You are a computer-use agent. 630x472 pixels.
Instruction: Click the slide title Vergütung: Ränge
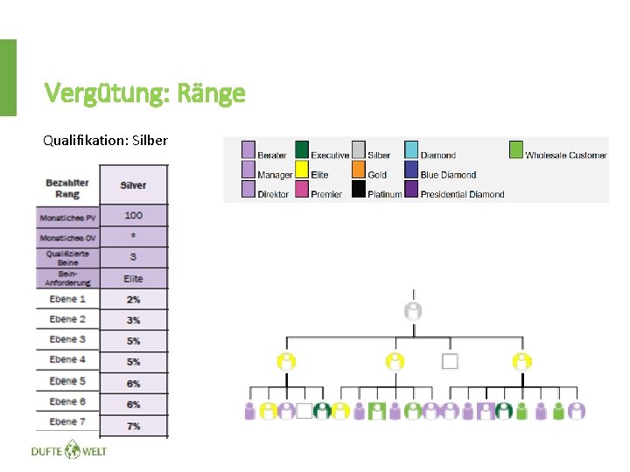pos(144,93)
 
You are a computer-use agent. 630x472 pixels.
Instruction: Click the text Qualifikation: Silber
pos(105,140)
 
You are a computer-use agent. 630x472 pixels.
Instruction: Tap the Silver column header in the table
pos(133,184)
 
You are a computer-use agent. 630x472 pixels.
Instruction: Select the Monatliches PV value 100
pos(133,215)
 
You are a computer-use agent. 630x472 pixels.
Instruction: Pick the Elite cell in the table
pos(133,279)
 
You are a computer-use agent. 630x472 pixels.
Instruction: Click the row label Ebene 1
pos(67,299)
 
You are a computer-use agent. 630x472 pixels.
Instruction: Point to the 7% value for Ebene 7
pos(133,425)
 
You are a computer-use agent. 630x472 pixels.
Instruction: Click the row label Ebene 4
pos(67,359)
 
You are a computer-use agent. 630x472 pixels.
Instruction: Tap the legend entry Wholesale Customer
pos(565,156)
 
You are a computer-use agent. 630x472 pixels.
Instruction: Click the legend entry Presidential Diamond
pos(462,194)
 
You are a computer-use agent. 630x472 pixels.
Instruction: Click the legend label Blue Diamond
pos(448,175)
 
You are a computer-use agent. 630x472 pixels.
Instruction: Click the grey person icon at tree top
pos(413,310)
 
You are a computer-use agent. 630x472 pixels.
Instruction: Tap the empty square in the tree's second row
pos(451,361)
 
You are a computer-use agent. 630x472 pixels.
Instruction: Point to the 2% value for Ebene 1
pos(133,299)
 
